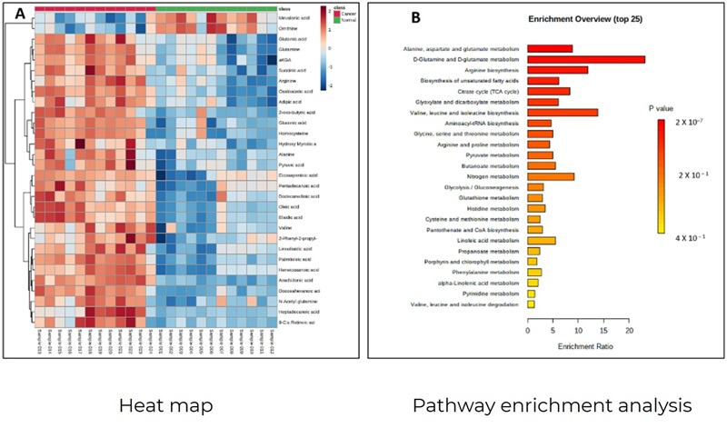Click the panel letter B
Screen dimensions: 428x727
pyautogui.click(x=389, y=17)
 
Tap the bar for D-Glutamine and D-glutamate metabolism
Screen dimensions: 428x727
pyautogui.click(x=586, y=59)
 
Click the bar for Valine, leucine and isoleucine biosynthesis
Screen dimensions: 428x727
pyautogui.click(x=563, y=112)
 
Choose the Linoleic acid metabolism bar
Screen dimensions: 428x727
pyautogui.click(x=542, y=240)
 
